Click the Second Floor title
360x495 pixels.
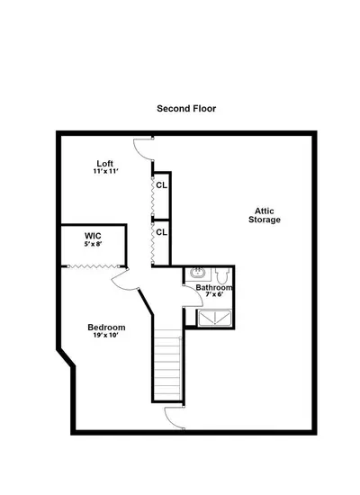(x=186, y=109)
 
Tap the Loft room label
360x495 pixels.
(x=104, y=164)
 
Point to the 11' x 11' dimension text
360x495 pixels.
(x=106, y=171)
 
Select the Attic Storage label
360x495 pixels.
(x=265, y=215)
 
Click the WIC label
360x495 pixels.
(x=93, y=236)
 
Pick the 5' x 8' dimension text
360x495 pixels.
(x=94, y=244)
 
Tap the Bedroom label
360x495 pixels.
(x=106, y=328)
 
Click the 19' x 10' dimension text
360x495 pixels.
(x=106, y=336)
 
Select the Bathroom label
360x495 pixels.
(x=214, y=288)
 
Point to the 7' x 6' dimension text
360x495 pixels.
(x=214, y=294)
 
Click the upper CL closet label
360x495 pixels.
(x=161, y=185)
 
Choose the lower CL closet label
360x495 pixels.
(x=161, y=232)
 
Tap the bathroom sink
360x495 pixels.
(x=198, y=273)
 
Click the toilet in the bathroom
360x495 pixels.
(x=222, y=275)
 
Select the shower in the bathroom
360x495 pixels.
(x=214, y=319)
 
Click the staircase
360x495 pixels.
(x=167, y=365)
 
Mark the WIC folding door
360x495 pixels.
(x=94, y=266)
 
